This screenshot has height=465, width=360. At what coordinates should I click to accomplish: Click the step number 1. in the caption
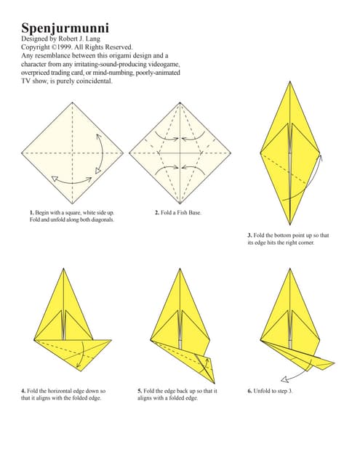coord(32,212)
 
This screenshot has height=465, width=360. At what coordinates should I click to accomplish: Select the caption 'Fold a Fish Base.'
coord(182,212)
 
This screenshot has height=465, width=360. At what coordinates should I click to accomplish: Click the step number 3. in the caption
coord(249,235)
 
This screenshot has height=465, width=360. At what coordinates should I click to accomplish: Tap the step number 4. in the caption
coord(23,391)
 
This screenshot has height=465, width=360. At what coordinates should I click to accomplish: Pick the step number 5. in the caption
coord(140,391)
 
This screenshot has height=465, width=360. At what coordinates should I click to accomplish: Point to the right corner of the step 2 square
coord(231,153)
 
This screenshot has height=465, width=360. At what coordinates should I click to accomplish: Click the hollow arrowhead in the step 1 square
coord(53,177)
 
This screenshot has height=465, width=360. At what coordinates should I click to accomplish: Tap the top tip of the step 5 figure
coord(180,268)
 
